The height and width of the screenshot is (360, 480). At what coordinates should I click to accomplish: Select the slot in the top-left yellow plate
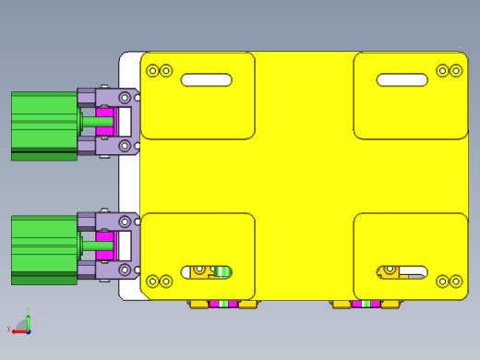[x=206, y=80]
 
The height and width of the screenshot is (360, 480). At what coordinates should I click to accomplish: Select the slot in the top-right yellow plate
[x=402, y=80]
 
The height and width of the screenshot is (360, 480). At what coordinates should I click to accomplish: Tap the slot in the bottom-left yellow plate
[x=207, y=271]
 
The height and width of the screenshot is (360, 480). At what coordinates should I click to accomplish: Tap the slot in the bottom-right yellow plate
[x=402, y=271]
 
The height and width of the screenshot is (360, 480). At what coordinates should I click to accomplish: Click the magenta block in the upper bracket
[x=105, y=121]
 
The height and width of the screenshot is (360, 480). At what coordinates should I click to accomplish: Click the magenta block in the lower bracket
[x=104, y=246]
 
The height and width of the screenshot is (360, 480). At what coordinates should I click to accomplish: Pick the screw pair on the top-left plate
[x=160, y=70]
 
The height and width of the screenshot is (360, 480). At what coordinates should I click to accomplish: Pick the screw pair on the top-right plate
[x=449, y=70]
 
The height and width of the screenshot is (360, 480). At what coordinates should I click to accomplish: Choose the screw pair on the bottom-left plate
[x=160, y=281]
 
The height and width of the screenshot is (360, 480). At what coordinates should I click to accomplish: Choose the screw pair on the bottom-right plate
[x=449, y=281]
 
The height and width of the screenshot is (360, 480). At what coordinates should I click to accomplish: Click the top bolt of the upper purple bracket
[x=125, y=97]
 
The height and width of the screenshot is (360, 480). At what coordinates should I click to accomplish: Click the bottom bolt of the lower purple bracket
[x=125, y=270]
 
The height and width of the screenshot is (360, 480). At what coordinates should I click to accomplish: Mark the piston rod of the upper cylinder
[x=96, y=121]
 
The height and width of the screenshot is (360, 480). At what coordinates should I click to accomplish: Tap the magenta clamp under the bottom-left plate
[x=223, y=304]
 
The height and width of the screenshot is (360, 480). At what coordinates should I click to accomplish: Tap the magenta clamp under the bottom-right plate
[x=366, y=304]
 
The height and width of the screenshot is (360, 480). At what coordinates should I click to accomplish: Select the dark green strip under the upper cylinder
[x=43, y=156]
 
